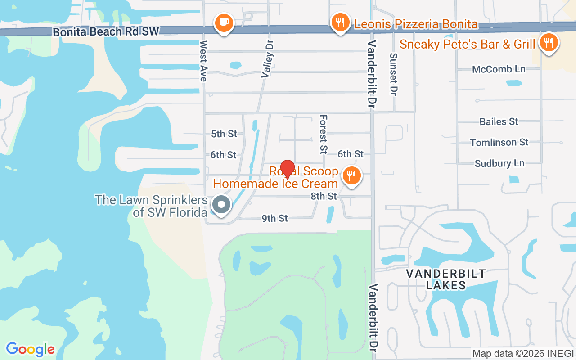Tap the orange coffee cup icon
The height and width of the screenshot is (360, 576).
click(224, 22)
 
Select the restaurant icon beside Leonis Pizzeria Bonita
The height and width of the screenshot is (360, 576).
click(341, 22)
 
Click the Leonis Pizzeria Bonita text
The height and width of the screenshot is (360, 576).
click(416, 24)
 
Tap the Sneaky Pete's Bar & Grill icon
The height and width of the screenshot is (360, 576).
click(548, 43)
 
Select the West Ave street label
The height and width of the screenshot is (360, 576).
click(203, 61)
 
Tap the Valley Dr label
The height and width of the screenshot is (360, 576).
click(268, 58)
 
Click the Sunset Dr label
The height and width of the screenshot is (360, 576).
click(394, 74)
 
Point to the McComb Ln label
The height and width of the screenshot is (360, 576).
click(499, 69)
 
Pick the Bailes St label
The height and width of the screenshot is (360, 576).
click(499, 121)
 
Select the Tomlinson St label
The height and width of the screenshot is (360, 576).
click(499, 142)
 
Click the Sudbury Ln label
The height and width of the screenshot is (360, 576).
click(499, 163)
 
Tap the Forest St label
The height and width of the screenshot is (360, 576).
click(323, 133)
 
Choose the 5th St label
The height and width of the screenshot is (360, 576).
click(224, 134)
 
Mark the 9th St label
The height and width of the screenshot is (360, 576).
click(274, 218)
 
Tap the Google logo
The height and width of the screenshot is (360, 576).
click(31, 349)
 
